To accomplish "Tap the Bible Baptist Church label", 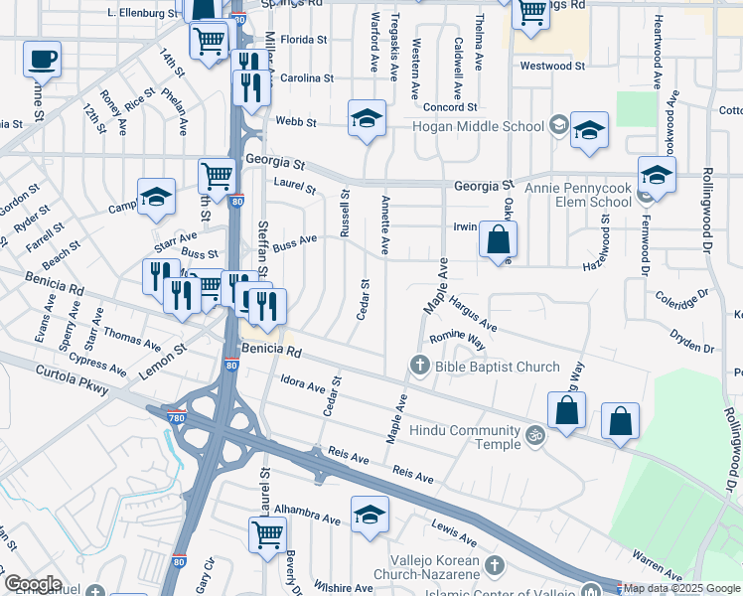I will [x=484, y=368].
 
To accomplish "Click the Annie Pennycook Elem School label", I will [x=569, y=196].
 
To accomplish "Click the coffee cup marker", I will [x=42, y=61].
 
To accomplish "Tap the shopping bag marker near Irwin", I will [x=499, y=239].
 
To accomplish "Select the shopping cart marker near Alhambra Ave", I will [x=268, y=534].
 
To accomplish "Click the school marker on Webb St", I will [x=367, y=119].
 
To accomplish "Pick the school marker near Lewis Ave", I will [x=370, y=515].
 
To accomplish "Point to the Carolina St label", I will [x=306, y=77].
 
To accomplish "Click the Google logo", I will [x=32, y=584].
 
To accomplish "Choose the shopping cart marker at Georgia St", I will [x=216, y=177].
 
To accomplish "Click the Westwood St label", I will [x=553, y=66].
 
